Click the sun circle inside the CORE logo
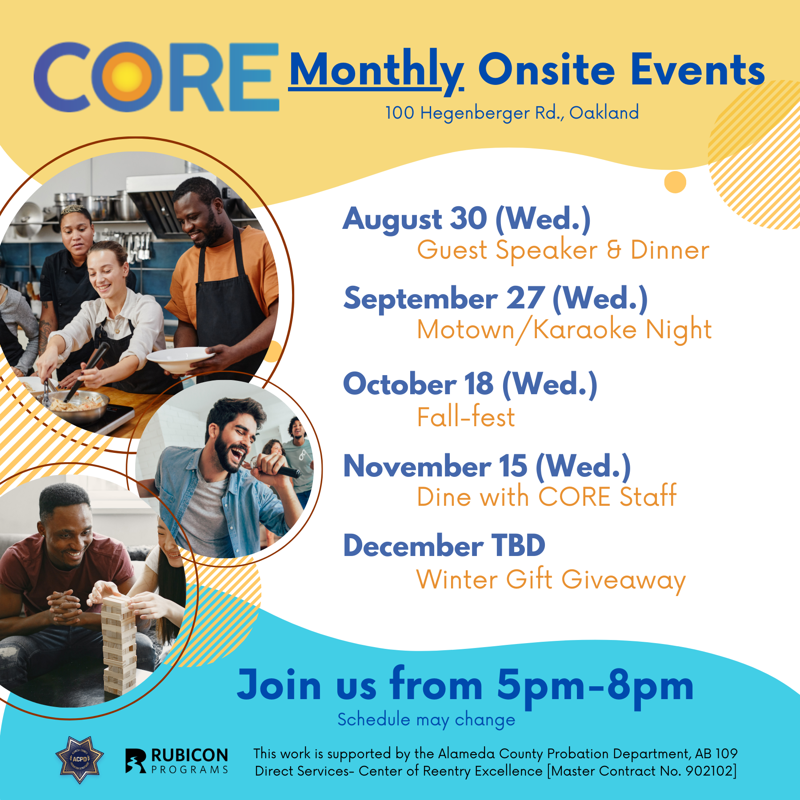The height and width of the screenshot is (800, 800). tap(128, 77)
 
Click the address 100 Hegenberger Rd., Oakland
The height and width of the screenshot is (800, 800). tap(512, 113)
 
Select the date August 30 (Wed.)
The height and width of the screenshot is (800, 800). tap(467, 219)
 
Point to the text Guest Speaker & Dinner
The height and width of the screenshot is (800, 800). tap(563, 250)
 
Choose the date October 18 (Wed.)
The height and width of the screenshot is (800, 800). tap(470, 384)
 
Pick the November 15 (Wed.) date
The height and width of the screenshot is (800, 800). tap(487, 467)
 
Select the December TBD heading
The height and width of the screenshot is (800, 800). tap(444, 546)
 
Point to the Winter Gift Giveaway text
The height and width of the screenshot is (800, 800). tap(551, 580)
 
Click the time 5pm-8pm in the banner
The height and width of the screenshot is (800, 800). tap(595, 686)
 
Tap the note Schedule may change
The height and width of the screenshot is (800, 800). tap(426, 720)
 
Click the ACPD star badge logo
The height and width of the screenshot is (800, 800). tap(80, 759)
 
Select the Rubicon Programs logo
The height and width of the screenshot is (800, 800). tap(176, 760)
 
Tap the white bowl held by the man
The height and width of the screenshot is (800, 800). tap(180, 359)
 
